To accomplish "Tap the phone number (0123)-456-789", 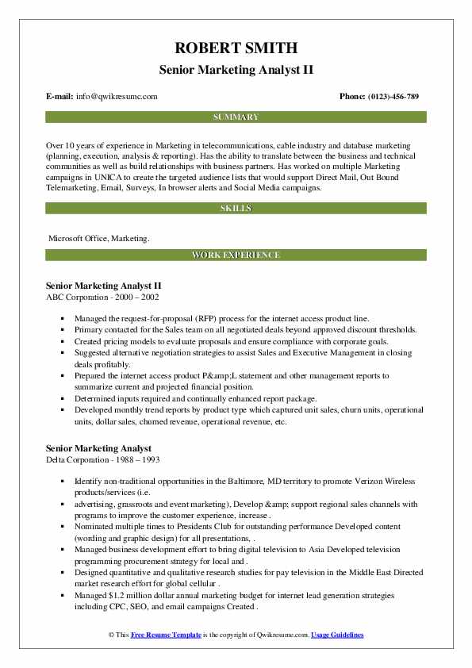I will (390, 96).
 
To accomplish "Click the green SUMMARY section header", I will (236, 117).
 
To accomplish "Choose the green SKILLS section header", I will (236, 208).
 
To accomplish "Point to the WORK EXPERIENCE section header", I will (236, 255).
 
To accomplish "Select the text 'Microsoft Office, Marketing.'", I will (98, 237).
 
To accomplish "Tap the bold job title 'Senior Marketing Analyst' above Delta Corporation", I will (98, 448).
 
